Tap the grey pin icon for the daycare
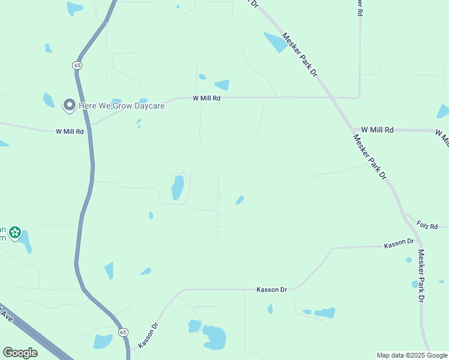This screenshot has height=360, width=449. click(x=69, y=105)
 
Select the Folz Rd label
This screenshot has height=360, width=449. click(x=427, y=226)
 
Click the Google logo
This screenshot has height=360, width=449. click(x=20, y=353)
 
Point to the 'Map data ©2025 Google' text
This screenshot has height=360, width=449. click(x=412, y=355)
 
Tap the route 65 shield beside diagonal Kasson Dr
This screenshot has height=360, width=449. click(x=123, y=332)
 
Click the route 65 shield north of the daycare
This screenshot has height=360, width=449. click(x=77, y=64)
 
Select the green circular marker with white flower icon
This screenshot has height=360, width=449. click(x=15, y=232)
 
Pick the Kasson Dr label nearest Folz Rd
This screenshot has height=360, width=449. click(x=399, y=243)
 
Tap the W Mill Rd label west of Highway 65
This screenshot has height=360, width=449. click(x=70, y=131)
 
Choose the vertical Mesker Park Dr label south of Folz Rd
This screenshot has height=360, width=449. click(x=421, y=275)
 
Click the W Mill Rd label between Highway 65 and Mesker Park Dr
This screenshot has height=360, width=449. click(x=206, y=98)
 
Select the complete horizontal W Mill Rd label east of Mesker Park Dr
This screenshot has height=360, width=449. click(x=377, y=130)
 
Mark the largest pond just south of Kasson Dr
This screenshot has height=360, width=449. click(x=214, y=337)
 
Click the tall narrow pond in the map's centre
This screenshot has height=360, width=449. click(x=178, y=188)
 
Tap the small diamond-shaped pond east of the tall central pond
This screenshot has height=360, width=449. click(x=240, y=199)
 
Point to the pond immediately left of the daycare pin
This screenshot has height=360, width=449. click(x=49, y=100)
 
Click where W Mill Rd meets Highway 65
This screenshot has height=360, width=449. click(x=90, y=128)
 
